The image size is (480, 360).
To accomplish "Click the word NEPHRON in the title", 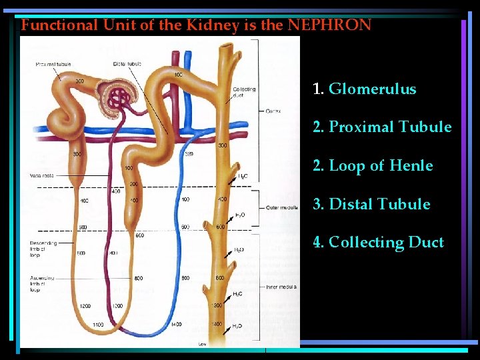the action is coord(329,25).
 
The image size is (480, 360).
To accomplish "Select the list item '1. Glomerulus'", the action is coord(365,89).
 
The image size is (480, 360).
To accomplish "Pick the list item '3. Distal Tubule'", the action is coord(371,204).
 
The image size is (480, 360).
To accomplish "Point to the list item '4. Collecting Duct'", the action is coord(378,242).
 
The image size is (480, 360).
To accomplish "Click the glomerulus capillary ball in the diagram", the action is coord(120,99).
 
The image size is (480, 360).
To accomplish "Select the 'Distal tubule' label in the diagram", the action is coord(127,64).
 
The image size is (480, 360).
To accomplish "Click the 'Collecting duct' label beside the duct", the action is coord(244,92).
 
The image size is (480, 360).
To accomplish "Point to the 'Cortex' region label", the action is coord(274,111).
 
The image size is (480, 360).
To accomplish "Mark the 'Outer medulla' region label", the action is coord(281,207).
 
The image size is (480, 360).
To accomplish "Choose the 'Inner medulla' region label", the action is coord(280,287).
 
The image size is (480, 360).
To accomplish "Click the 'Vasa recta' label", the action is coord(41,175).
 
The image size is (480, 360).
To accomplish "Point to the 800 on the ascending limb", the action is coord(137,278).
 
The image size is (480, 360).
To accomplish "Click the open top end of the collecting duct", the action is coord(227,48).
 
